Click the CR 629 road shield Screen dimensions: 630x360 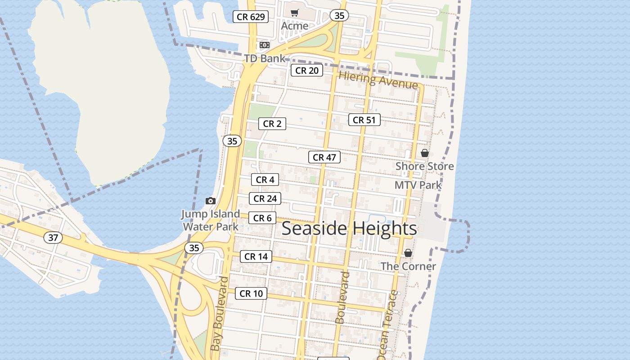pyautogui.click(x=251, y=17)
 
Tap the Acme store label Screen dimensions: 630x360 pyautogui.click(x=295, y=26)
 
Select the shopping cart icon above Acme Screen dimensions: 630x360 pyautogui.click(x=295, y=13)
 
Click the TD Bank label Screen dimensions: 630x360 pyautogui.click(x=265, y=58)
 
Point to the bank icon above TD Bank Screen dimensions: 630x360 pyautogui.click(x=265, y=45)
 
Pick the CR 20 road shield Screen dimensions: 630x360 pyautogui.click(x=307, y=70)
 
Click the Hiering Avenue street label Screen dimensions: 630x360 pyautogui.click(x=378, y=80)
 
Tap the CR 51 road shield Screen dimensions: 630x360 pyautogui.click(x=364, y=120)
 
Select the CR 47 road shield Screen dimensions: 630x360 pyautogui.click(x=324, y=157)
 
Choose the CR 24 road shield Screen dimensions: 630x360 pyautogui.click(x=265, y=198)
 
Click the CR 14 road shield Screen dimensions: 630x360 pyautogui.click(x=256, y=256)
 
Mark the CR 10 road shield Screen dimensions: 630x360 pyautogui.click(x=251, y=293)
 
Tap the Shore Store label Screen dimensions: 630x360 pyautogui.click(x=424, y=166)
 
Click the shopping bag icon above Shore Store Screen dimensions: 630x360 pyautogui.click(x=424, y=153)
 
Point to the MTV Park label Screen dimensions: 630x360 pyautogui.click(x=418, y=185)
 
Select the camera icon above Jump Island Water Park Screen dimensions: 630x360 pyautogui.click(x=210, y=201)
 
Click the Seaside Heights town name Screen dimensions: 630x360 pyautogui.click(x=349, y=228)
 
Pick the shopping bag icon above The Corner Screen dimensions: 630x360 pyautogui.click(x=408, y=253)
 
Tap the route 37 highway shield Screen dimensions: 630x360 pyautogui.click(x=53, y=237)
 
